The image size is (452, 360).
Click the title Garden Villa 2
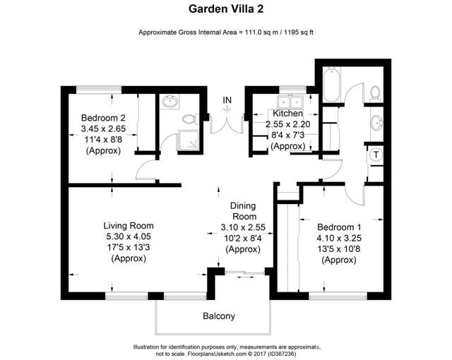click(225, 9)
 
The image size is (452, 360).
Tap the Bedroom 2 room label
click(103, 117)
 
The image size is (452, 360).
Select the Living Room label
click(127, 226)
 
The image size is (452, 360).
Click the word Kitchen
click(287, 113)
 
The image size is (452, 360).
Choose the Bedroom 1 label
click(340, 227)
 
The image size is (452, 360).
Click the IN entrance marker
click(227, 100)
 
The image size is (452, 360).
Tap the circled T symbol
click(376, 155)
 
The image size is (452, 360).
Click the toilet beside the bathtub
click(374, 92)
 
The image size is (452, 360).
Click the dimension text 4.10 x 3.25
click(340, 238)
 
